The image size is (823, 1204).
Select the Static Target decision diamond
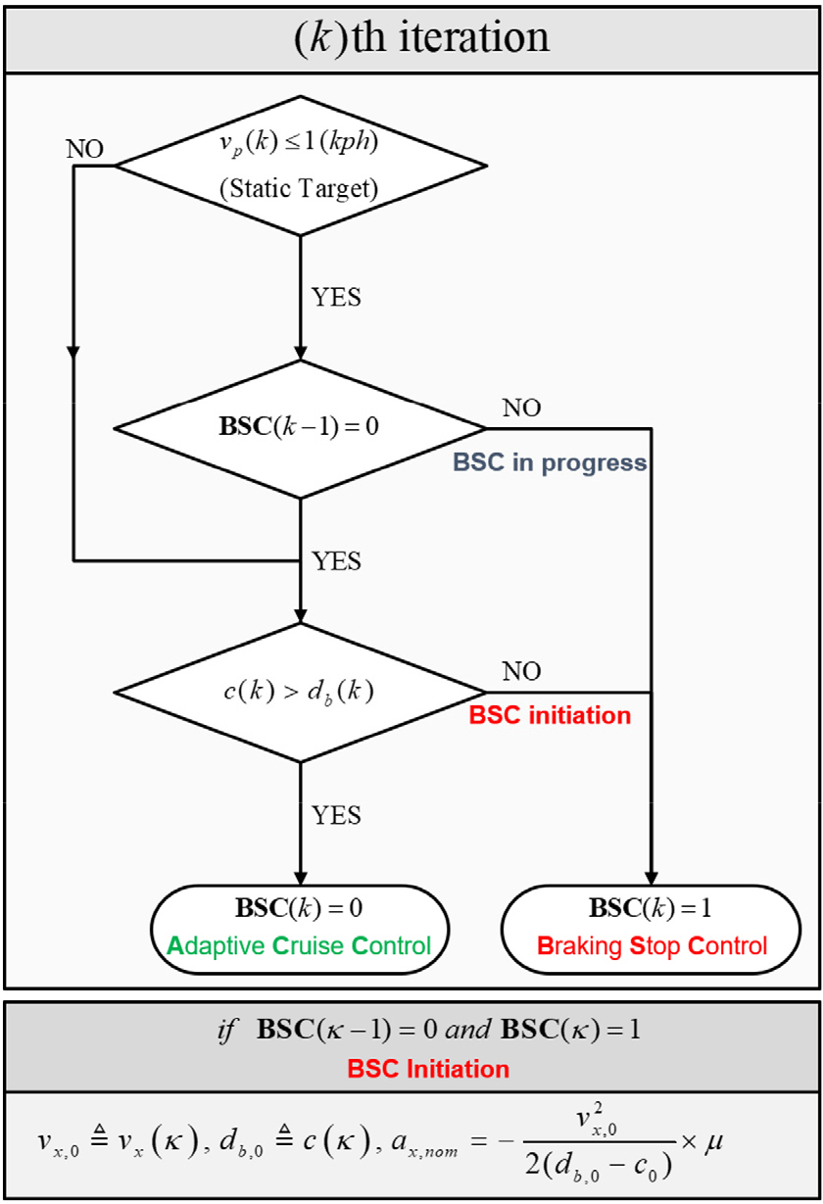click(x=300, y=167)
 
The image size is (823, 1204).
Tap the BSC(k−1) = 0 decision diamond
click(x=300, y=428)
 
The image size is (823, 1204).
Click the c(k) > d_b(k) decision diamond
click(x=300, y=693)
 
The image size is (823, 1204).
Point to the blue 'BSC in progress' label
click(x=550, y=462)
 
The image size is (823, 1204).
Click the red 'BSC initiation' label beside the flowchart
click(x=550, y=715)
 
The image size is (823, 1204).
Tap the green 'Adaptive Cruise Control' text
click(x=300, y=946)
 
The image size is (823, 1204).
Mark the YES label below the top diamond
click(x=336, y=297)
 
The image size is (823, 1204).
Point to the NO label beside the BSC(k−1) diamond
click(x=521, y=408)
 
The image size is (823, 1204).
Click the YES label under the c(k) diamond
click(x=336, y=815)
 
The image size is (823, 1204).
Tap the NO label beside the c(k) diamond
click(x=521, y=672)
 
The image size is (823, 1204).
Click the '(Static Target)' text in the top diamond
click(x=300, y=189)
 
